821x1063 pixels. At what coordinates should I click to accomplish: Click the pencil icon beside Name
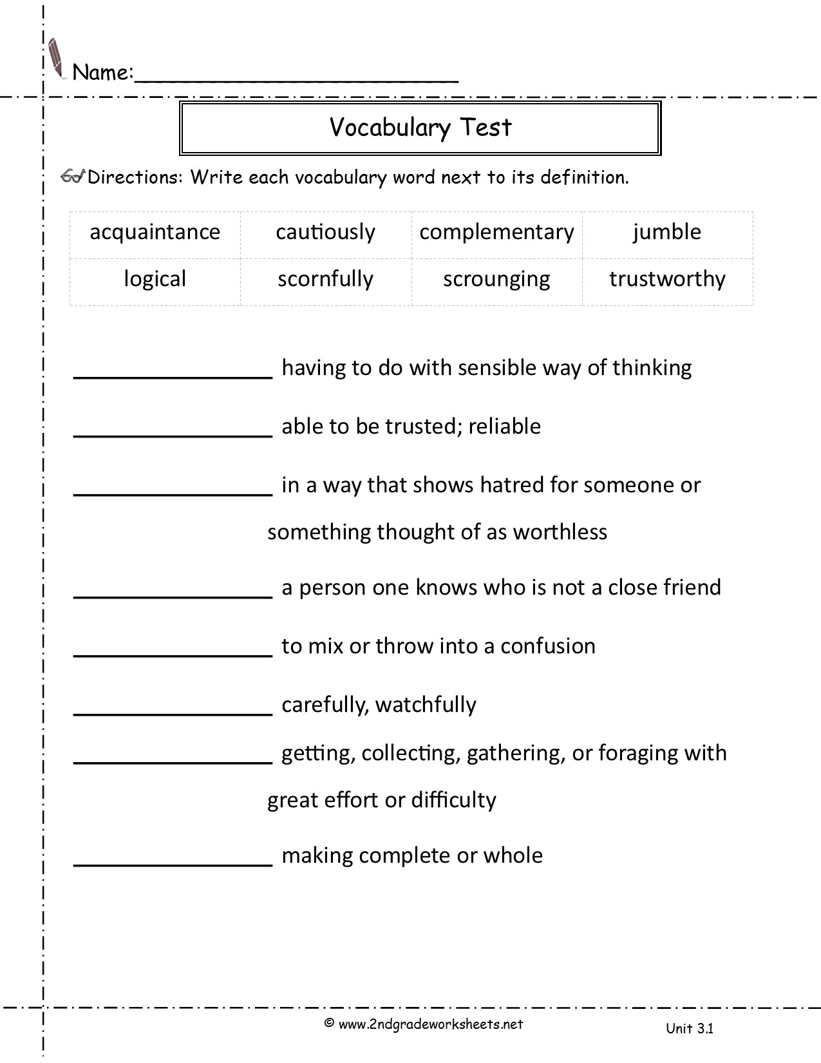point(57,59)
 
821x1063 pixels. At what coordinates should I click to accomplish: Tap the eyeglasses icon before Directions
point(73,177)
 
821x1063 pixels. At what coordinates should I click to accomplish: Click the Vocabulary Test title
point(420,128)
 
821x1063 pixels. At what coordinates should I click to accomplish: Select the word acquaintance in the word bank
point(155,232)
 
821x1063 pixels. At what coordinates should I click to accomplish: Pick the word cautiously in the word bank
point(325,232)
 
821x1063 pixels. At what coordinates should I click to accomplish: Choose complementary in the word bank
point(496,232)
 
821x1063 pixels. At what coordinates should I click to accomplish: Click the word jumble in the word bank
point(667,232)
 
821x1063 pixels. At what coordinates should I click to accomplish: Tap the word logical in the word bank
point(155,279)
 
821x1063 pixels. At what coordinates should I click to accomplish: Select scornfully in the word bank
point(325,279)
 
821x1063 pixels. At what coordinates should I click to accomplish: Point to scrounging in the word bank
point(496,279)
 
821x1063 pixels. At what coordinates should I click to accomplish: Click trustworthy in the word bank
point(667,279)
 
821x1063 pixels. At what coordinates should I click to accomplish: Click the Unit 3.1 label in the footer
point(690,1028)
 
